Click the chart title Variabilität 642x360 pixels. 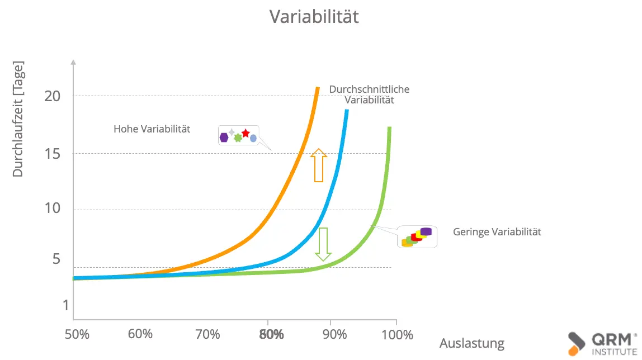pyautogui.click(x=314, y=17)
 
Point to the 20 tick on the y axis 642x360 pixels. pyautogui.click(x=52, y=96)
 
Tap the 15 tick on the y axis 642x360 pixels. pyautogui.click(x=52, y=153)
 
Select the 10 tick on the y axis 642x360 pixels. pyautogui.click(x=52, y=209)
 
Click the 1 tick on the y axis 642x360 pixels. pyautogui.click(x=65, y=306)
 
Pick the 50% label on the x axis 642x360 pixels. pyautogui.click(x=77, y=335)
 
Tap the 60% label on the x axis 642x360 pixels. pyautogui.click(x=140, y=335)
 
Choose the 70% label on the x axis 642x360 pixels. pyautogui.click(x=207, y=335)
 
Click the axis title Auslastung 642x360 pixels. pyautogui.click(x=472, y=343)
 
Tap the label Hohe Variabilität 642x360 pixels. pyautogui.click(x=152, y=129)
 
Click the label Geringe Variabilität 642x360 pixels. pyautogui.click(x=497, y=232)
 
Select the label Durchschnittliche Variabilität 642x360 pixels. pyautogui.click(x=369, y=94)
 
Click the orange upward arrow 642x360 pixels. pyautogui.click(x=318, y=165)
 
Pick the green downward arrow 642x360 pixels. pyautogui.click(x=323, y=244)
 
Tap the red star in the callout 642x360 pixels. pyautogui.click(x=246, y=134)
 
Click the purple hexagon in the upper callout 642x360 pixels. pyautogui.click(x=224, y=138)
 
